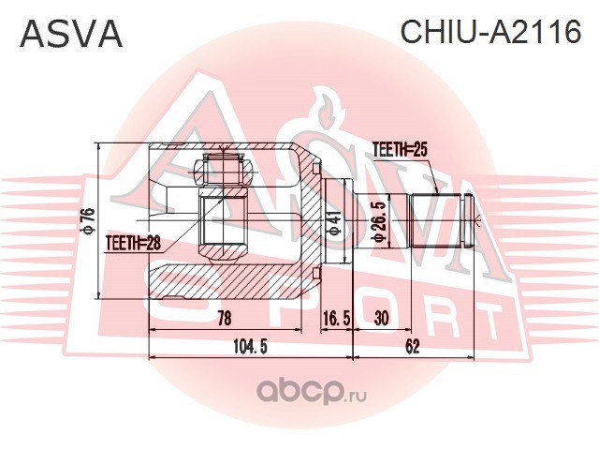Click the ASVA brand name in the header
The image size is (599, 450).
coord(71,34)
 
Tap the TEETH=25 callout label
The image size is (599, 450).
coord(400,150)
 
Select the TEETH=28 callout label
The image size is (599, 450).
coord(133,244)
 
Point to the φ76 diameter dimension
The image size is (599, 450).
coord(88,221)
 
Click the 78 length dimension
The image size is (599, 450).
coord(224,317)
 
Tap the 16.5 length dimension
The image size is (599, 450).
coord(336,318)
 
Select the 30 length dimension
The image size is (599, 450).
coord(381,318)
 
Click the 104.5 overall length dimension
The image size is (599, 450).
coord(251,347)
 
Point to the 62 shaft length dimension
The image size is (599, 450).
coord(412,347)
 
